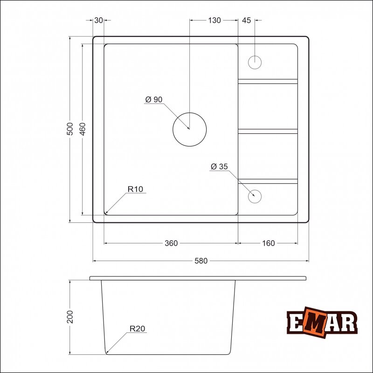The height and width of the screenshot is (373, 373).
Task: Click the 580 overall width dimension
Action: click(x=201, y=261)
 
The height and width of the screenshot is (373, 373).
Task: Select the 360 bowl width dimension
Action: click(x=171, y=243)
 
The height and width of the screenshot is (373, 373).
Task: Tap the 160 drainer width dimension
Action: click(x=269, y=243)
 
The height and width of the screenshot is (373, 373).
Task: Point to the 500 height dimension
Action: click(x=69, y=129)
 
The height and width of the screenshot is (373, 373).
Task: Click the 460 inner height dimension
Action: click(x=83, y=129)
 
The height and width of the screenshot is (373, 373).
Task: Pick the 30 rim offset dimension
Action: click(x=98, y=21)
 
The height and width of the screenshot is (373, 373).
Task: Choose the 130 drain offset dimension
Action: click(x=214, y=21)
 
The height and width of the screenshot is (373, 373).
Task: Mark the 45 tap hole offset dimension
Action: click(x=247, y=21)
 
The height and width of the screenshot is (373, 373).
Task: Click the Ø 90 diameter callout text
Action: click(x=154, y=99)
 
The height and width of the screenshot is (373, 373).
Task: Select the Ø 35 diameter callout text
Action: click(x=219, y=166)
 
